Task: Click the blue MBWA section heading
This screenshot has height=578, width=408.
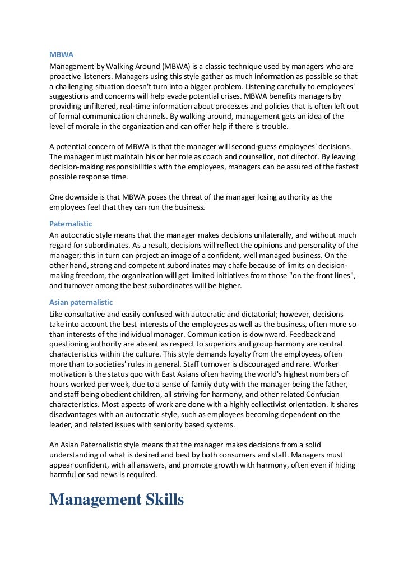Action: (x=62, y=55)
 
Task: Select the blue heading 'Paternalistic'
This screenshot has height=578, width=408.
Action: (x=71, y=224)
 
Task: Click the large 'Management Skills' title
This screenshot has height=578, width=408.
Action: (x=117, y=499)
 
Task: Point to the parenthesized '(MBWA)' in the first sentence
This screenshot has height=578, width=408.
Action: (x=177, y=66)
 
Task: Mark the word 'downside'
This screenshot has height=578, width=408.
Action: (x=84, y=197)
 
